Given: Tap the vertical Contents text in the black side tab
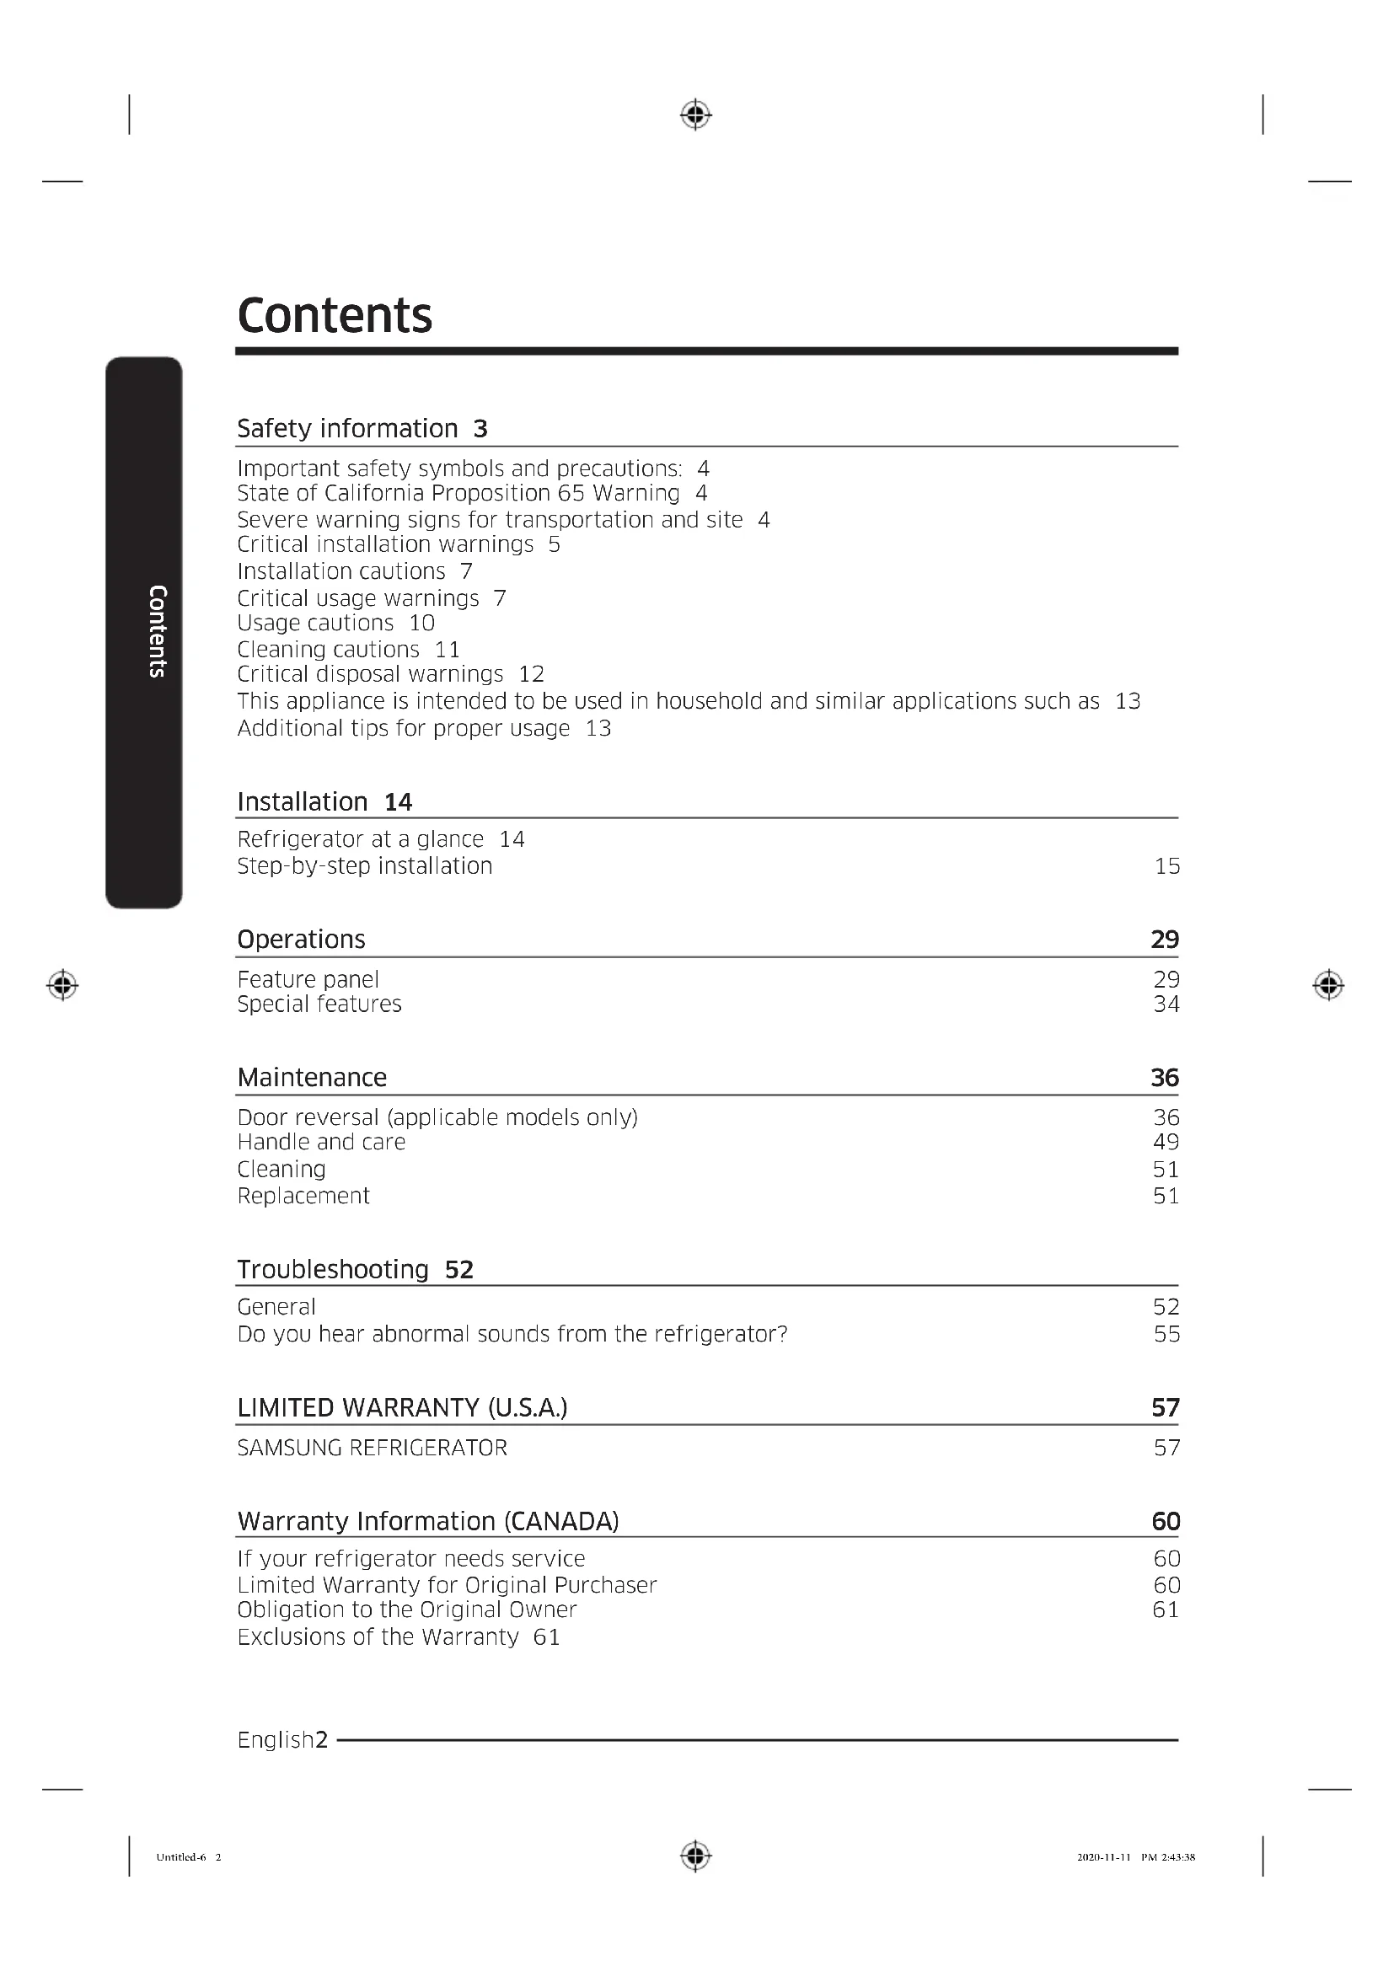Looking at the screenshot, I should click(157, 631).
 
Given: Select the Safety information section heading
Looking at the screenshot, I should click(346, 428).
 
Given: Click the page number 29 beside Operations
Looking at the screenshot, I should click(1164, 939).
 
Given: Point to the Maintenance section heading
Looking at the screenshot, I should click(312, 1078).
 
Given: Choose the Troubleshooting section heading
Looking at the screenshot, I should click(332, 1269).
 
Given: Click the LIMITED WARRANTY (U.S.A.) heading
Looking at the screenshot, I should click(402, 1408).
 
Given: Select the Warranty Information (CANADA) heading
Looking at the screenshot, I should click(427, 1521).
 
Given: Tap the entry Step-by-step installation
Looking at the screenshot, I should click(365, 865).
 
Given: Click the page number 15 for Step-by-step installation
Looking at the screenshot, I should click(1166, 866).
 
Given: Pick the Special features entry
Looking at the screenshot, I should click(319, 1004).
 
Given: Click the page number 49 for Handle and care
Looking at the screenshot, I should click(1166, 1142).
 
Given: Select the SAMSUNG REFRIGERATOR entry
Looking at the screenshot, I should click(372, 1449).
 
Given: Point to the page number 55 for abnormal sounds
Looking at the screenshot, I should click(1166, 1334).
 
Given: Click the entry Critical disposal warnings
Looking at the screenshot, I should click(370, 674).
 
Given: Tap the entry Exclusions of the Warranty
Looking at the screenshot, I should click(378, 1637).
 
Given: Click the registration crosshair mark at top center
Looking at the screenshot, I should click(695, 114).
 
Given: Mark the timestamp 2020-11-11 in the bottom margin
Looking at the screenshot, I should click(1103, 1857).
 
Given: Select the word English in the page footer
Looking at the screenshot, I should click(276, 1740).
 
